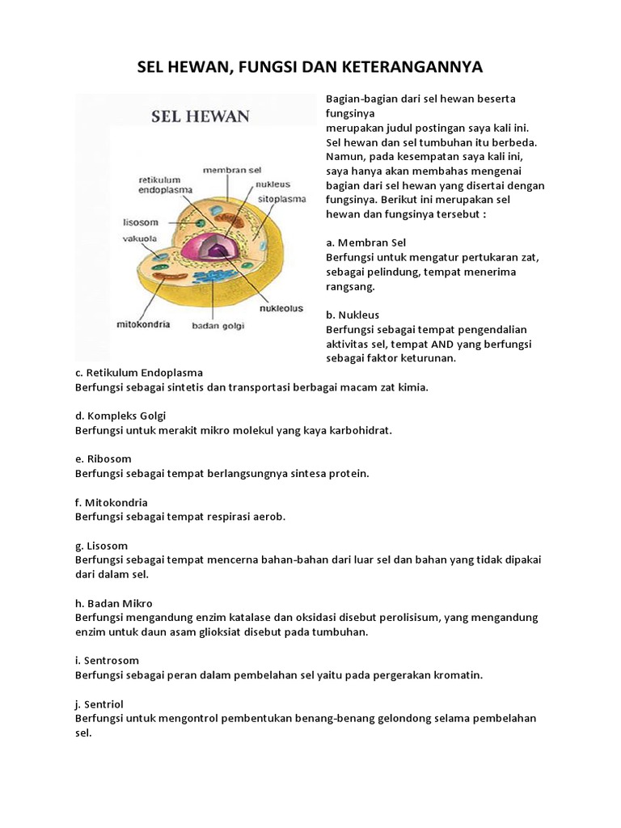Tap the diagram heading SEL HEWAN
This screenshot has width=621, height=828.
[201, 116]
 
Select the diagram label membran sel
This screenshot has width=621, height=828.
[232, 171]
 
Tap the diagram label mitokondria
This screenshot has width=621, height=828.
[141, 323]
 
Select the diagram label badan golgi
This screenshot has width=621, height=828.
[218, 327]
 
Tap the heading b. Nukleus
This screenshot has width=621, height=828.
[353, 315]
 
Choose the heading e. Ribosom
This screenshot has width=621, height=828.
[103, 459]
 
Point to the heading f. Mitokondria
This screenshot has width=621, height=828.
[112, 502]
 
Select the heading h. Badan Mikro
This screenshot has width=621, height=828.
[113, 603]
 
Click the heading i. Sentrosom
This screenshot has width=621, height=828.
[107, 661]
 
